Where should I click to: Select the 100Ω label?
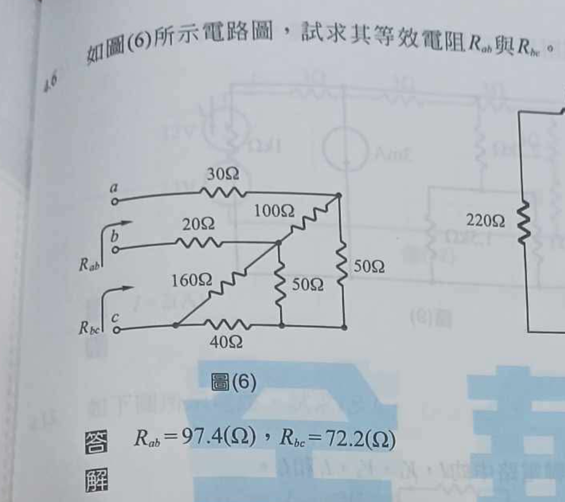click(x=274, y=212)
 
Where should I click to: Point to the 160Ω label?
click(x=192, y=281)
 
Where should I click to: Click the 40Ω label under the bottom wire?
click(x=226, y=343)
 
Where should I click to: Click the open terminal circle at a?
click(x=115, y=202)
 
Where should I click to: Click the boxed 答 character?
click(x=96, y=443)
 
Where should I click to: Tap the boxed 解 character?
click(x=96, y=480)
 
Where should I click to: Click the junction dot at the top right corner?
click(x=338, y=196)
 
